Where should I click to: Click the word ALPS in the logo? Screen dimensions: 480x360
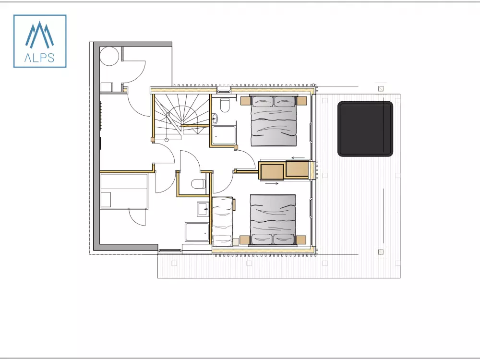pyautogui.click(x=39, y=58)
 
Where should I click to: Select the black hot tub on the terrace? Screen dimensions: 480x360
pyautogui.click(x=365, y=129)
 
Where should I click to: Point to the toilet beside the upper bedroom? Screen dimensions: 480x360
pyautogui.click(x=225, y=105)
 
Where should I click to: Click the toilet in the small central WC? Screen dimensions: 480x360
pyautogui.click(x=198, y=184)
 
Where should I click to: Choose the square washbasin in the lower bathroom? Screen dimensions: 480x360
pyautogui.click(x=203, y=209)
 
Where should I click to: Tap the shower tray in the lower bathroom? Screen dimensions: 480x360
pyautogui.click(x=197, y=232)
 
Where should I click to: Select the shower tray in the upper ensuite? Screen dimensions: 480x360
pyautogui.click(x=224, y=135)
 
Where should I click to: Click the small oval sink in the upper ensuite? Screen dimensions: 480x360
pyautogui.click(x=215, y=118)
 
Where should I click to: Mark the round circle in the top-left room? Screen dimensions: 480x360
pyautogui.click(x=109, y=56)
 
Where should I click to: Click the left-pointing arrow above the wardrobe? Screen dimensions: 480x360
pyautogui.click(x=298, y=158)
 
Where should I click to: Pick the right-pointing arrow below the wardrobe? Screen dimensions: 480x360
pyautogui.click(x=272, y=184)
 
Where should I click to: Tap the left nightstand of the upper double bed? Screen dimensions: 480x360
pyautogui.click(x=245, y=101)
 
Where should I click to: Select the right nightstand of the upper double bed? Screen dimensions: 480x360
pyautogui.click(x=301, y=101)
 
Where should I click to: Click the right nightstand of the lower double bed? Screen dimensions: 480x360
pyautogui.click(x=301, y=240)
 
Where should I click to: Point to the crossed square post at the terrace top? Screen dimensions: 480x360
pyautogui.click(x=381, y=89)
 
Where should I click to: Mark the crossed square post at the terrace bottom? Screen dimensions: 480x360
pyautogui.click(x=381, y=252)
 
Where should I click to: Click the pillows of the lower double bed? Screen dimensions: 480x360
pyautogui.click(x=273, y=239)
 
